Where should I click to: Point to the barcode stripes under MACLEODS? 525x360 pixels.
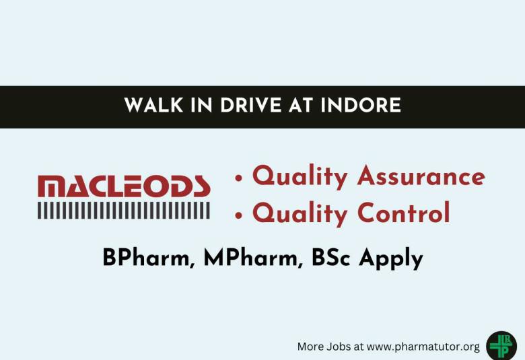coord(124,210)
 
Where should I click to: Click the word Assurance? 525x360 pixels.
coord(421,176)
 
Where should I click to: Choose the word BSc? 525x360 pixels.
coord(332,258)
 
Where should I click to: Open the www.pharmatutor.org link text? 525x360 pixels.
coord(423,347)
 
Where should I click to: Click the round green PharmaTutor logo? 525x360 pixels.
coord(501,345)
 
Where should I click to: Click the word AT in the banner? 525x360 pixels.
coord(285,106)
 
